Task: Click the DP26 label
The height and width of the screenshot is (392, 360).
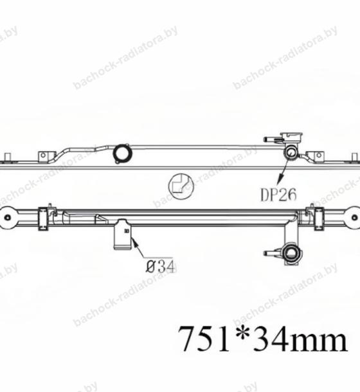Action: coord(278,195)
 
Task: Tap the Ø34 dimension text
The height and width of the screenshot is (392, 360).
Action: coord(159,267)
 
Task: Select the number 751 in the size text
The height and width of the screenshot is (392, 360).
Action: coord(204,339)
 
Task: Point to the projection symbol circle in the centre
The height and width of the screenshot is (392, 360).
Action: coord(181,186)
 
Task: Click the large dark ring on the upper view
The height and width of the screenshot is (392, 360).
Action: coord(122,152)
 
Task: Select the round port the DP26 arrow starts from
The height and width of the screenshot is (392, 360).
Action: coord(291,152)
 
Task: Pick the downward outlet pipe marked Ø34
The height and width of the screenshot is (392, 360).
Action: coord(123,234)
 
